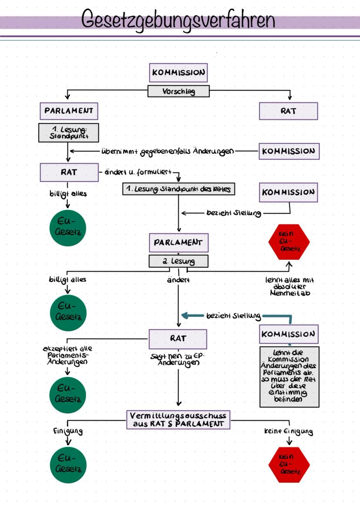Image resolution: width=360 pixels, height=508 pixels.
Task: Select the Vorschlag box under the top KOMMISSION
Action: pos(178,91)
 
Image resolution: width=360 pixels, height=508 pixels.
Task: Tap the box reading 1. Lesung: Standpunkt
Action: pos(68,132)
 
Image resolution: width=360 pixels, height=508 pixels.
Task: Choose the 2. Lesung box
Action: pos(178,261)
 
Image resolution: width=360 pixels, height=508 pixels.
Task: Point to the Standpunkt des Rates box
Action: pos(179,189)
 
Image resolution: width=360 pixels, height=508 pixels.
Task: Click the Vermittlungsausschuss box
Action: pos(178,419)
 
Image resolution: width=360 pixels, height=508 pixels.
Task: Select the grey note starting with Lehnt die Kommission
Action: pos(289,376)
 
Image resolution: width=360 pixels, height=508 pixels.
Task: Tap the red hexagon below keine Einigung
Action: pos(289,465)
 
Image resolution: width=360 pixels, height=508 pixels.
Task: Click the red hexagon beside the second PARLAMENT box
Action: pos(289,241)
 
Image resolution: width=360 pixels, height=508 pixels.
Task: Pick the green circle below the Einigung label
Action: pos(68,465)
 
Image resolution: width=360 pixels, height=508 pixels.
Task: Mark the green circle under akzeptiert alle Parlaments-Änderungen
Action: pos(68,395)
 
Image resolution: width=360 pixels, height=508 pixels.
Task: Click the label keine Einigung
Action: pos(289,432)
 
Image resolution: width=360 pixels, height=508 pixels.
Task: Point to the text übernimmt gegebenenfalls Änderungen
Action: pos(167,151)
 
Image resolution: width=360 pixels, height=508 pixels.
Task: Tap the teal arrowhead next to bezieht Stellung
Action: pos(184,316)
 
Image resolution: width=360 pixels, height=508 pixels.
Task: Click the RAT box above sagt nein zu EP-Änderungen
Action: pos(178,339)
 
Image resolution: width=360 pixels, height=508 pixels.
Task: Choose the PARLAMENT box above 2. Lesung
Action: pos(178,242)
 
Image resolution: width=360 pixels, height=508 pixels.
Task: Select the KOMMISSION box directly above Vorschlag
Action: pos(178,73)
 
